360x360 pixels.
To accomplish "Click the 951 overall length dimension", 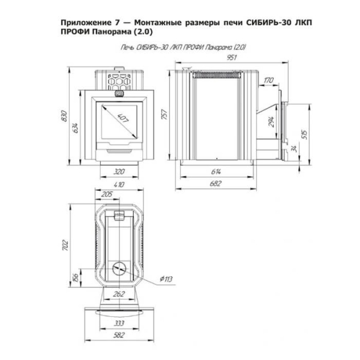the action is [x=232, y=58].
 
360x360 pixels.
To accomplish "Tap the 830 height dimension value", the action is [x=65, y=116].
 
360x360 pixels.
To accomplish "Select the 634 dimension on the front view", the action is [x=76, y=128].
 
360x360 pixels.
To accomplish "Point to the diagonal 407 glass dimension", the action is [x=123, y=118].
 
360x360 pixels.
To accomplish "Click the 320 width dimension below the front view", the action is [x=119, y=172].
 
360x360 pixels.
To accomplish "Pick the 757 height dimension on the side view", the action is [x=164, y=115].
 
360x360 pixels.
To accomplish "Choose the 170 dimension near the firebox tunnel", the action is [x=268, y=80].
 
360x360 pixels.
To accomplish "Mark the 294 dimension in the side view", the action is [x=271, y=122].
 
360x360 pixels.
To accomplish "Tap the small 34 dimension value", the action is [x=294, y=149].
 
